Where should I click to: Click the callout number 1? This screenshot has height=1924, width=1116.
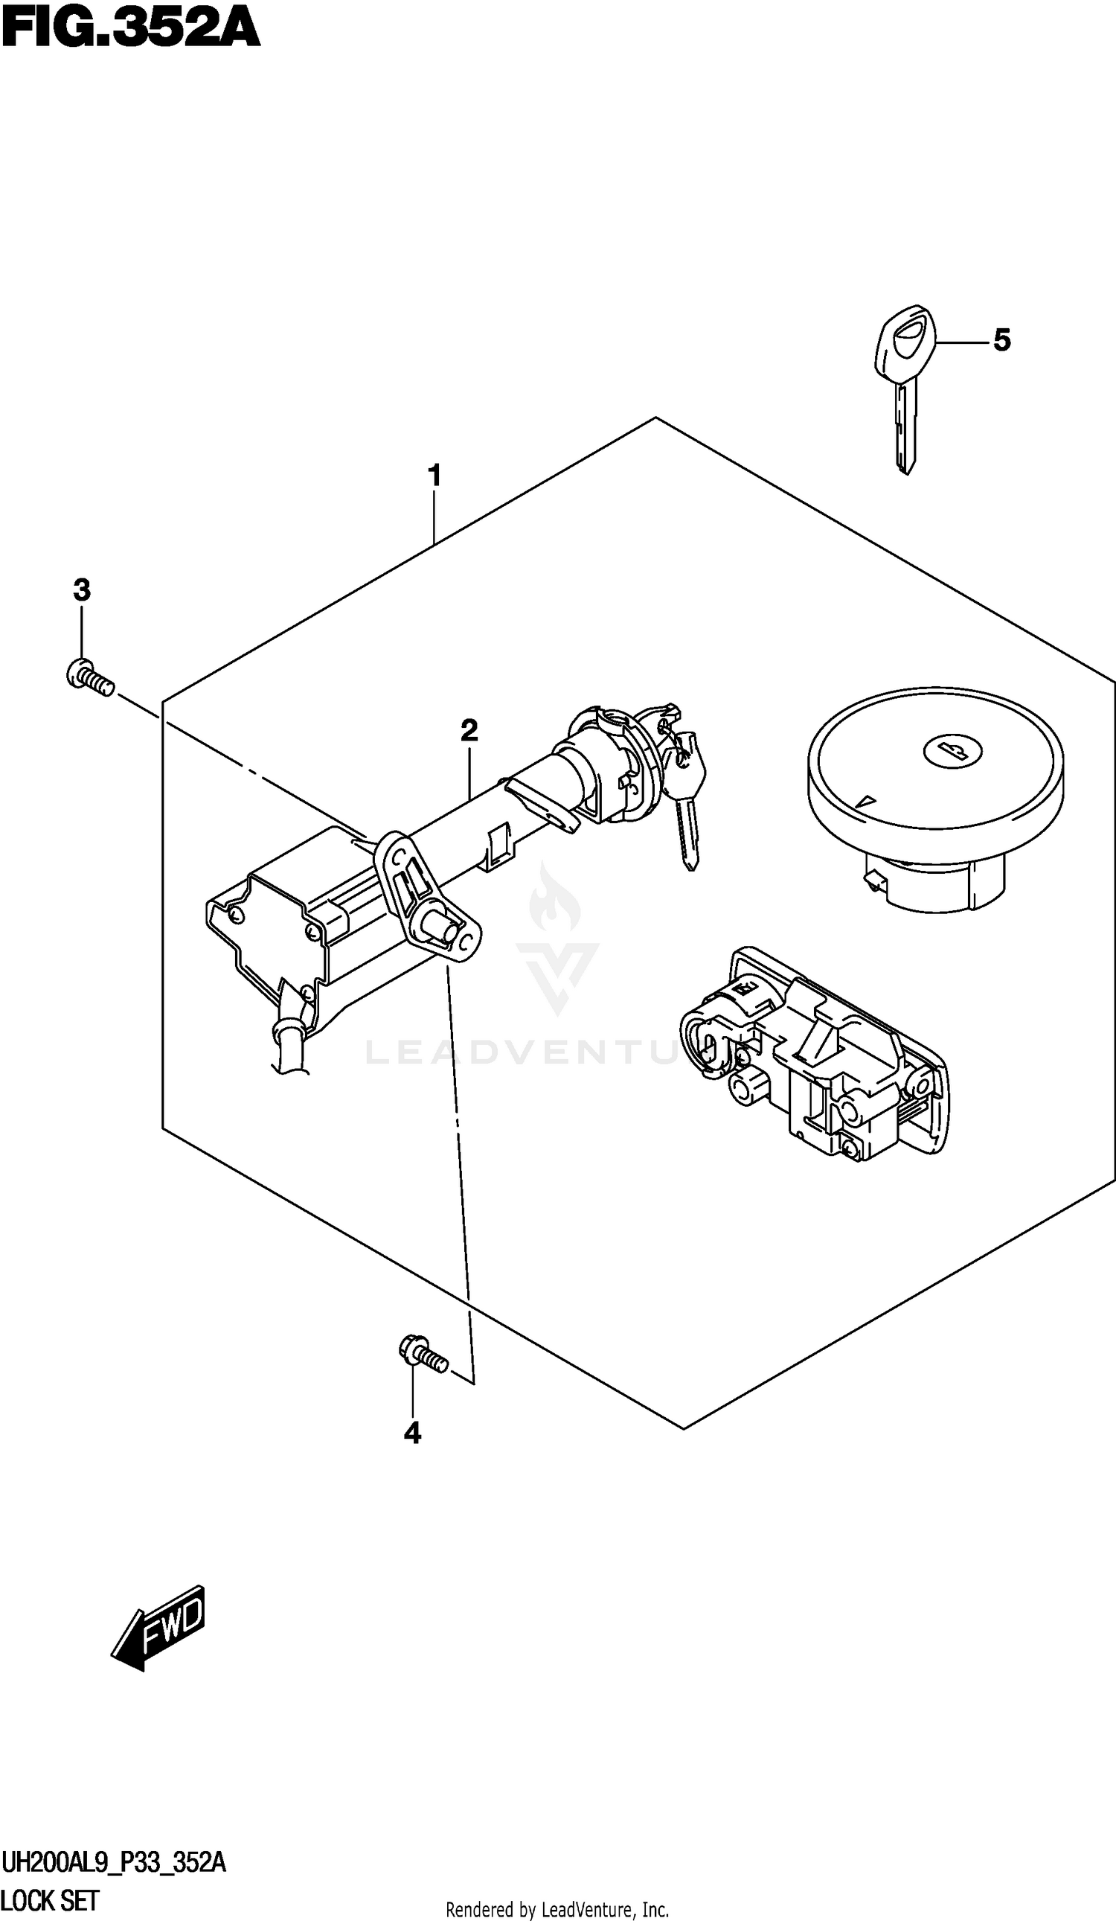point(434,476)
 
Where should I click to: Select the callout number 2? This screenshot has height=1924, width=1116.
point(469,731)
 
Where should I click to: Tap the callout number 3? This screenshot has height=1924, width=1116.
point(82,589)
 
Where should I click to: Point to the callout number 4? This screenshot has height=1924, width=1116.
point(412,1433)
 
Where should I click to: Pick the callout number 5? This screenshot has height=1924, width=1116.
point(1001,339)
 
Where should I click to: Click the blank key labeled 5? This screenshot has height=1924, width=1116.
point(904,389)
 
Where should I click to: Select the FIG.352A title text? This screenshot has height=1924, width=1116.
point(130,28)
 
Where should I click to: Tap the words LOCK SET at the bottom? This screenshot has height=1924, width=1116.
point(50,1900)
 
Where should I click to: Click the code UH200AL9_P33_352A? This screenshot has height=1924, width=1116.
point(114,1864)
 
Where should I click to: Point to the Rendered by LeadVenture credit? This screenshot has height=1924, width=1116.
point(557,1908)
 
